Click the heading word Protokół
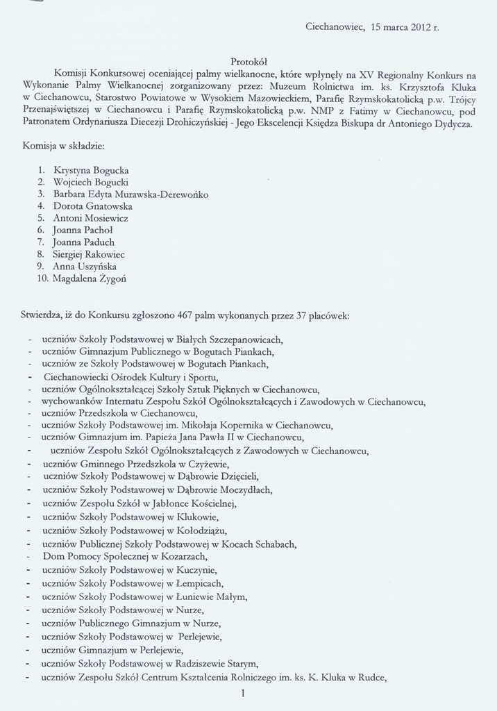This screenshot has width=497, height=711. click(x=248, y=62)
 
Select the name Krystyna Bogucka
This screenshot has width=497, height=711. click(x=91, y=170)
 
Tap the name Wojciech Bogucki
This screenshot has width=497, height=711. click(x=90, y=182)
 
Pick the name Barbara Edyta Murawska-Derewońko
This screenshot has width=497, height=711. click(x=130, y=194)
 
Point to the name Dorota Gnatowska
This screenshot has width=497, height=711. click(x=93, y=206)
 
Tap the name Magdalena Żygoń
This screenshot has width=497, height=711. click(x=90, y=279)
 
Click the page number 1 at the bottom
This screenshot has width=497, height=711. click(x=243, y=693)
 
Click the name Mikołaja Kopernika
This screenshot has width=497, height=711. click(x=226, y=425)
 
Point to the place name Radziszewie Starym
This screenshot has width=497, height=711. click(x=217, y=663)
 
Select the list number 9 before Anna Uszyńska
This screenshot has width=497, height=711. click(x=41, y=267)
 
